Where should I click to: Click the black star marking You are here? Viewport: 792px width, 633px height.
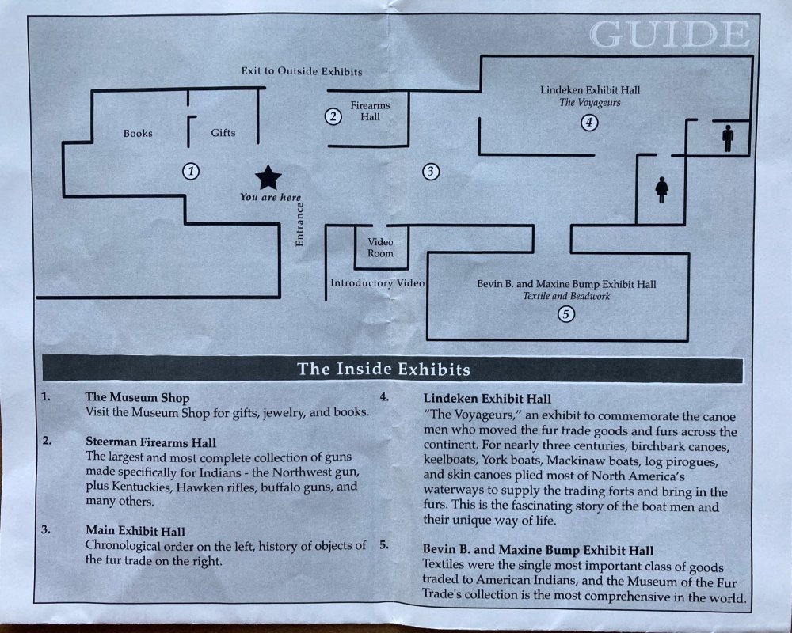[x=268, y=178]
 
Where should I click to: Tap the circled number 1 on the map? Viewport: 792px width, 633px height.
[x=191, y=171]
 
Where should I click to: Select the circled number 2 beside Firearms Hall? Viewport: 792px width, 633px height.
[x=333, y=116]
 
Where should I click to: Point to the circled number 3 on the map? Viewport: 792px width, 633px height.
[x=430, y=172]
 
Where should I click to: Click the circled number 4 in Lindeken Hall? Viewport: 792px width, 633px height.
[x=589, y=122]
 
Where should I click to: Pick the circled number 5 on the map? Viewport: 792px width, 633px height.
[x=565, y=314]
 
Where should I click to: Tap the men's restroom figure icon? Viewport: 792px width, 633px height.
[x=728, y=138]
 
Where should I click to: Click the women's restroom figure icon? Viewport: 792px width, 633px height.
[x=661, y=190]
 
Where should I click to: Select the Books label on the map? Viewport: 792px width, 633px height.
[x=138, y=133]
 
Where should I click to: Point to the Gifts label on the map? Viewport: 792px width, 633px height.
[x=223, y=133]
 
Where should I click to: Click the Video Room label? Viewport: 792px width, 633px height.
[x=380, y=248]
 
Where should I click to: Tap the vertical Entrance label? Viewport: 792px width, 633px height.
[x=299, y=225]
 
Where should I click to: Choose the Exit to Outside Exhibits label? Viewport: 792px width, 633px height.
[x=302, y=71]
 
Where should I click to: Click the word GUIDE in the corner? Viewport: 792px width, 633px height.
[x=669, y=35]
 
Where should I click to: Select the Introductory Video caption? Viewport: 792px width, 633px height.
[x=378, y=283]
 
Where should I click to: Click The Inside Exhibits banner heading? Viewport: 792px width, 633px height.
[x=384, y=369]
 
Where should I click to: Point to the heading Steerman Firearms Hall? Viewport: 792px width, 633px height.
[x=151, y=442]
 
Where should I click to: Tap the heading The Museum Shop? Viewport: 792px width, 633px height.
[x=137, y=398]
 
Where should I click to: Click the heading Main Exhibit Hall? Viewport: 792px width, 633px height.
[x=135, y=531]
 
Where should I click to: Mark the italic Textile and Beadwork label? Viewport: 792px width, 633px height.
[x=566, y=296]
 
